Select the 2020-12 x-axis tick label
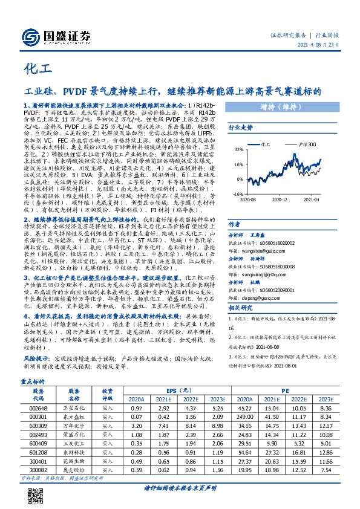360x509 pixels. (278, 182)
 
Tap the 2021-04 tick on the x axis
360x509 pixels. (311, 182)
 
